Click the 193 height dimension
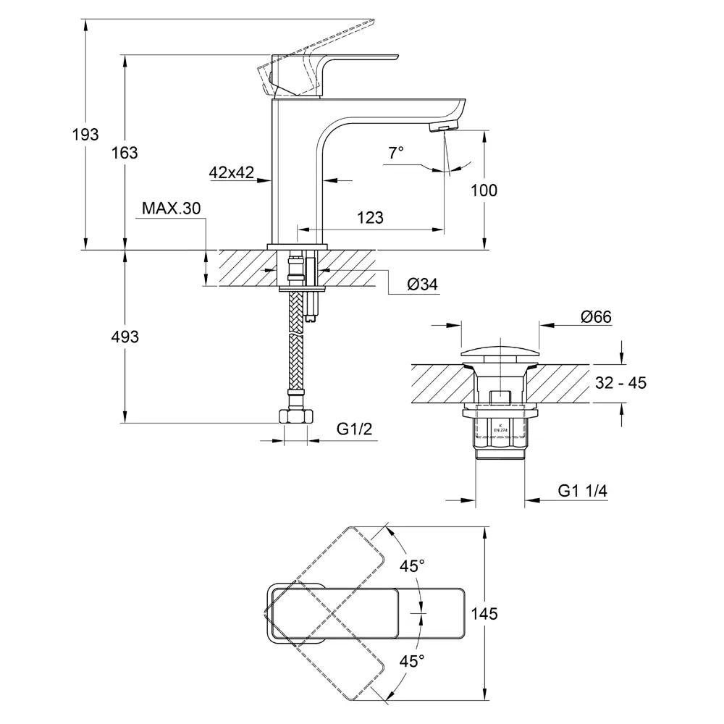point(85,135)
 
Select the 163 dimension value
point(125,153)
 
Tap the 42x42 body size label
point(232,172)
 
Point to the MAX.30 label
point(172,209)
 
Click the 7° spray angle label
point(396,152)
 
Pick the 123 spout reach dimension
point(370,217)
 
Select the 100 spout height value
point(484,190)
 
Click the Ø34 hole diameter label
point(423,285)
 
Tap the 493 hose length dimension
point(125,337)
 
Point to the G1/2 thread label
point(354,429)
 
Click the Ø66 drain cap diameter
point(596,317)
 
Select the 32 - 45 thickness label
point(620,383)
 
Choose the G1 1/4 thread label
point(582,490)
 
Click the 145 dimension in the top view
point(484,614)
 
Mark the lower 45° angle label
point(412,661)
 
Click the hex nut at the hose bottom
point(296,417)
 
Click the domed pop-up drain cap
point(500,352)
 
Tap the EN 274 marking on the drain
point(500,430)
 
